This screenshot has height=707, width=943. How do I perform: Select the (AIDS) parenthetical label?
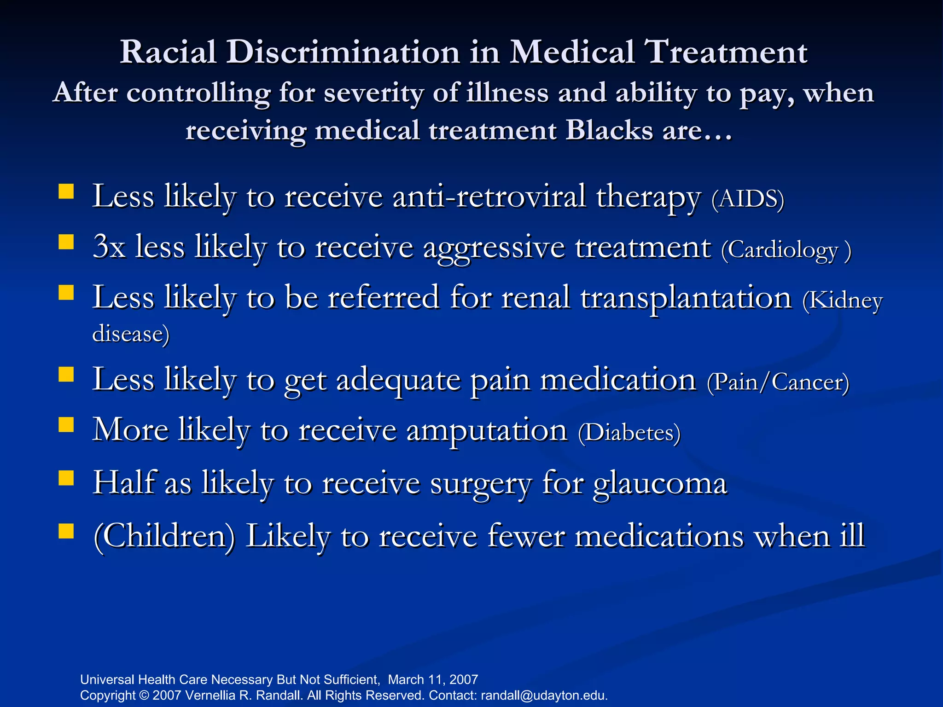click(x=747, y=199)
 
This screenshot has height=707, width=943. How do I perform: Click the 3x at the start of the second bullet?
click(x=109, y=247)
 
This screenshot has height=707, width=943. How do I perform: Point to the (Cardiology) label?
click(x=786, y=250)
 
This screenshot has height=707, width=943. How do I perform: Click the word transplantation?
click(x=686, y=298)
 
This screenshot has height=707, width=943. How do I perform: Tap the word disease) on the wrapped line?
click(x=131, y=334)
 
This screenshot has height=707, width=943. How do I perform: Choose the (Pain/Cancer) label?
click(x=778, y=382)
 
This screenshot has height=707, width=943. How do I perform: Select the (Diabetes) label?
click(x=629, y=433)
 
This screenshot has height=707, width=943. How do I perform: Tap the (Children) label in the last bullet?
click(x=164, y=536)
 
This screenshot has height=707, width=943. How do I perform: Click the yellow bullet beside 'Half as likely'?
click(x=66, y=478)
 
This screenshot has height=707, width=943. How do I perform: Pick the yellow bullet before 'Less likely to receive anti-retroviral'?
click(x=66, y=191)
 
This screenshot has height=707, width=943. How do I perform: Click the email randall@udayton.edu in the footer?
click(x=544, y=695)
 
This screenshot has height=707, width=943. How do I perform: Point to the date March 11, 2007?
click(x=433, y=679)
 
